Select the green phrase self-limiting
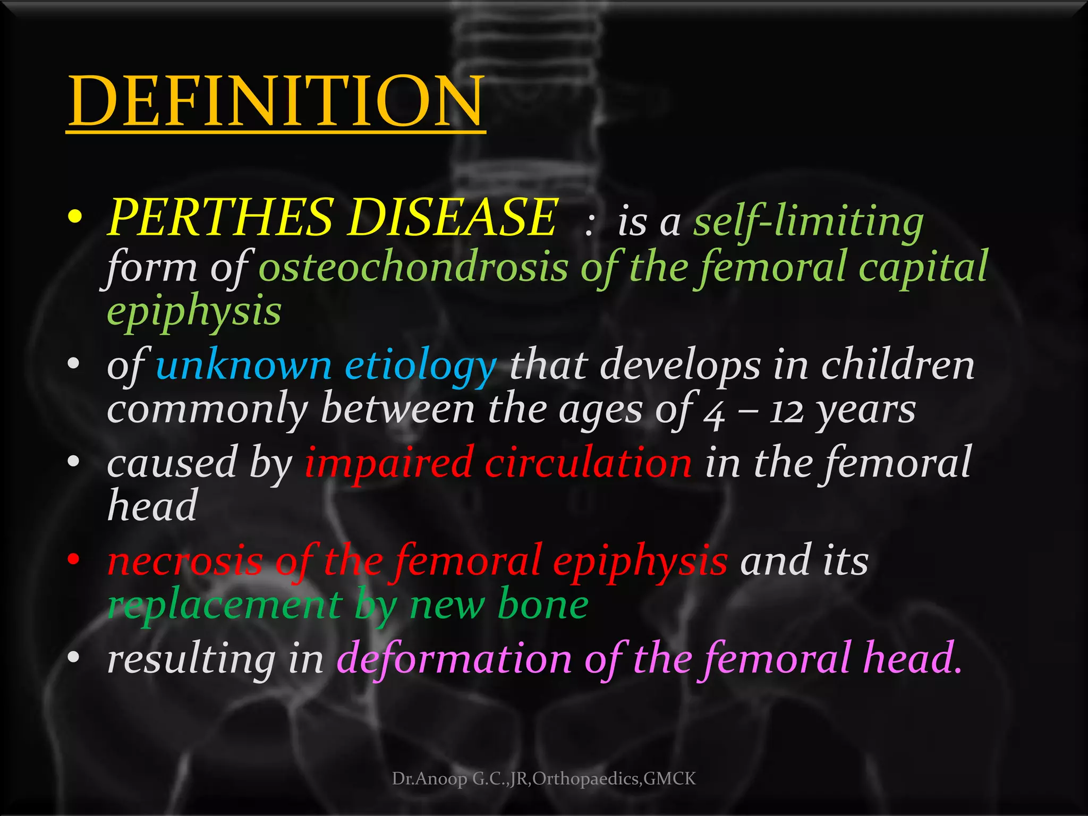809,222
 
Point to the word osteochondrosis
413,267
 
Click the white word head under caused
152,506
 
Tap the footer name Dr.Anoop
429,779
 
